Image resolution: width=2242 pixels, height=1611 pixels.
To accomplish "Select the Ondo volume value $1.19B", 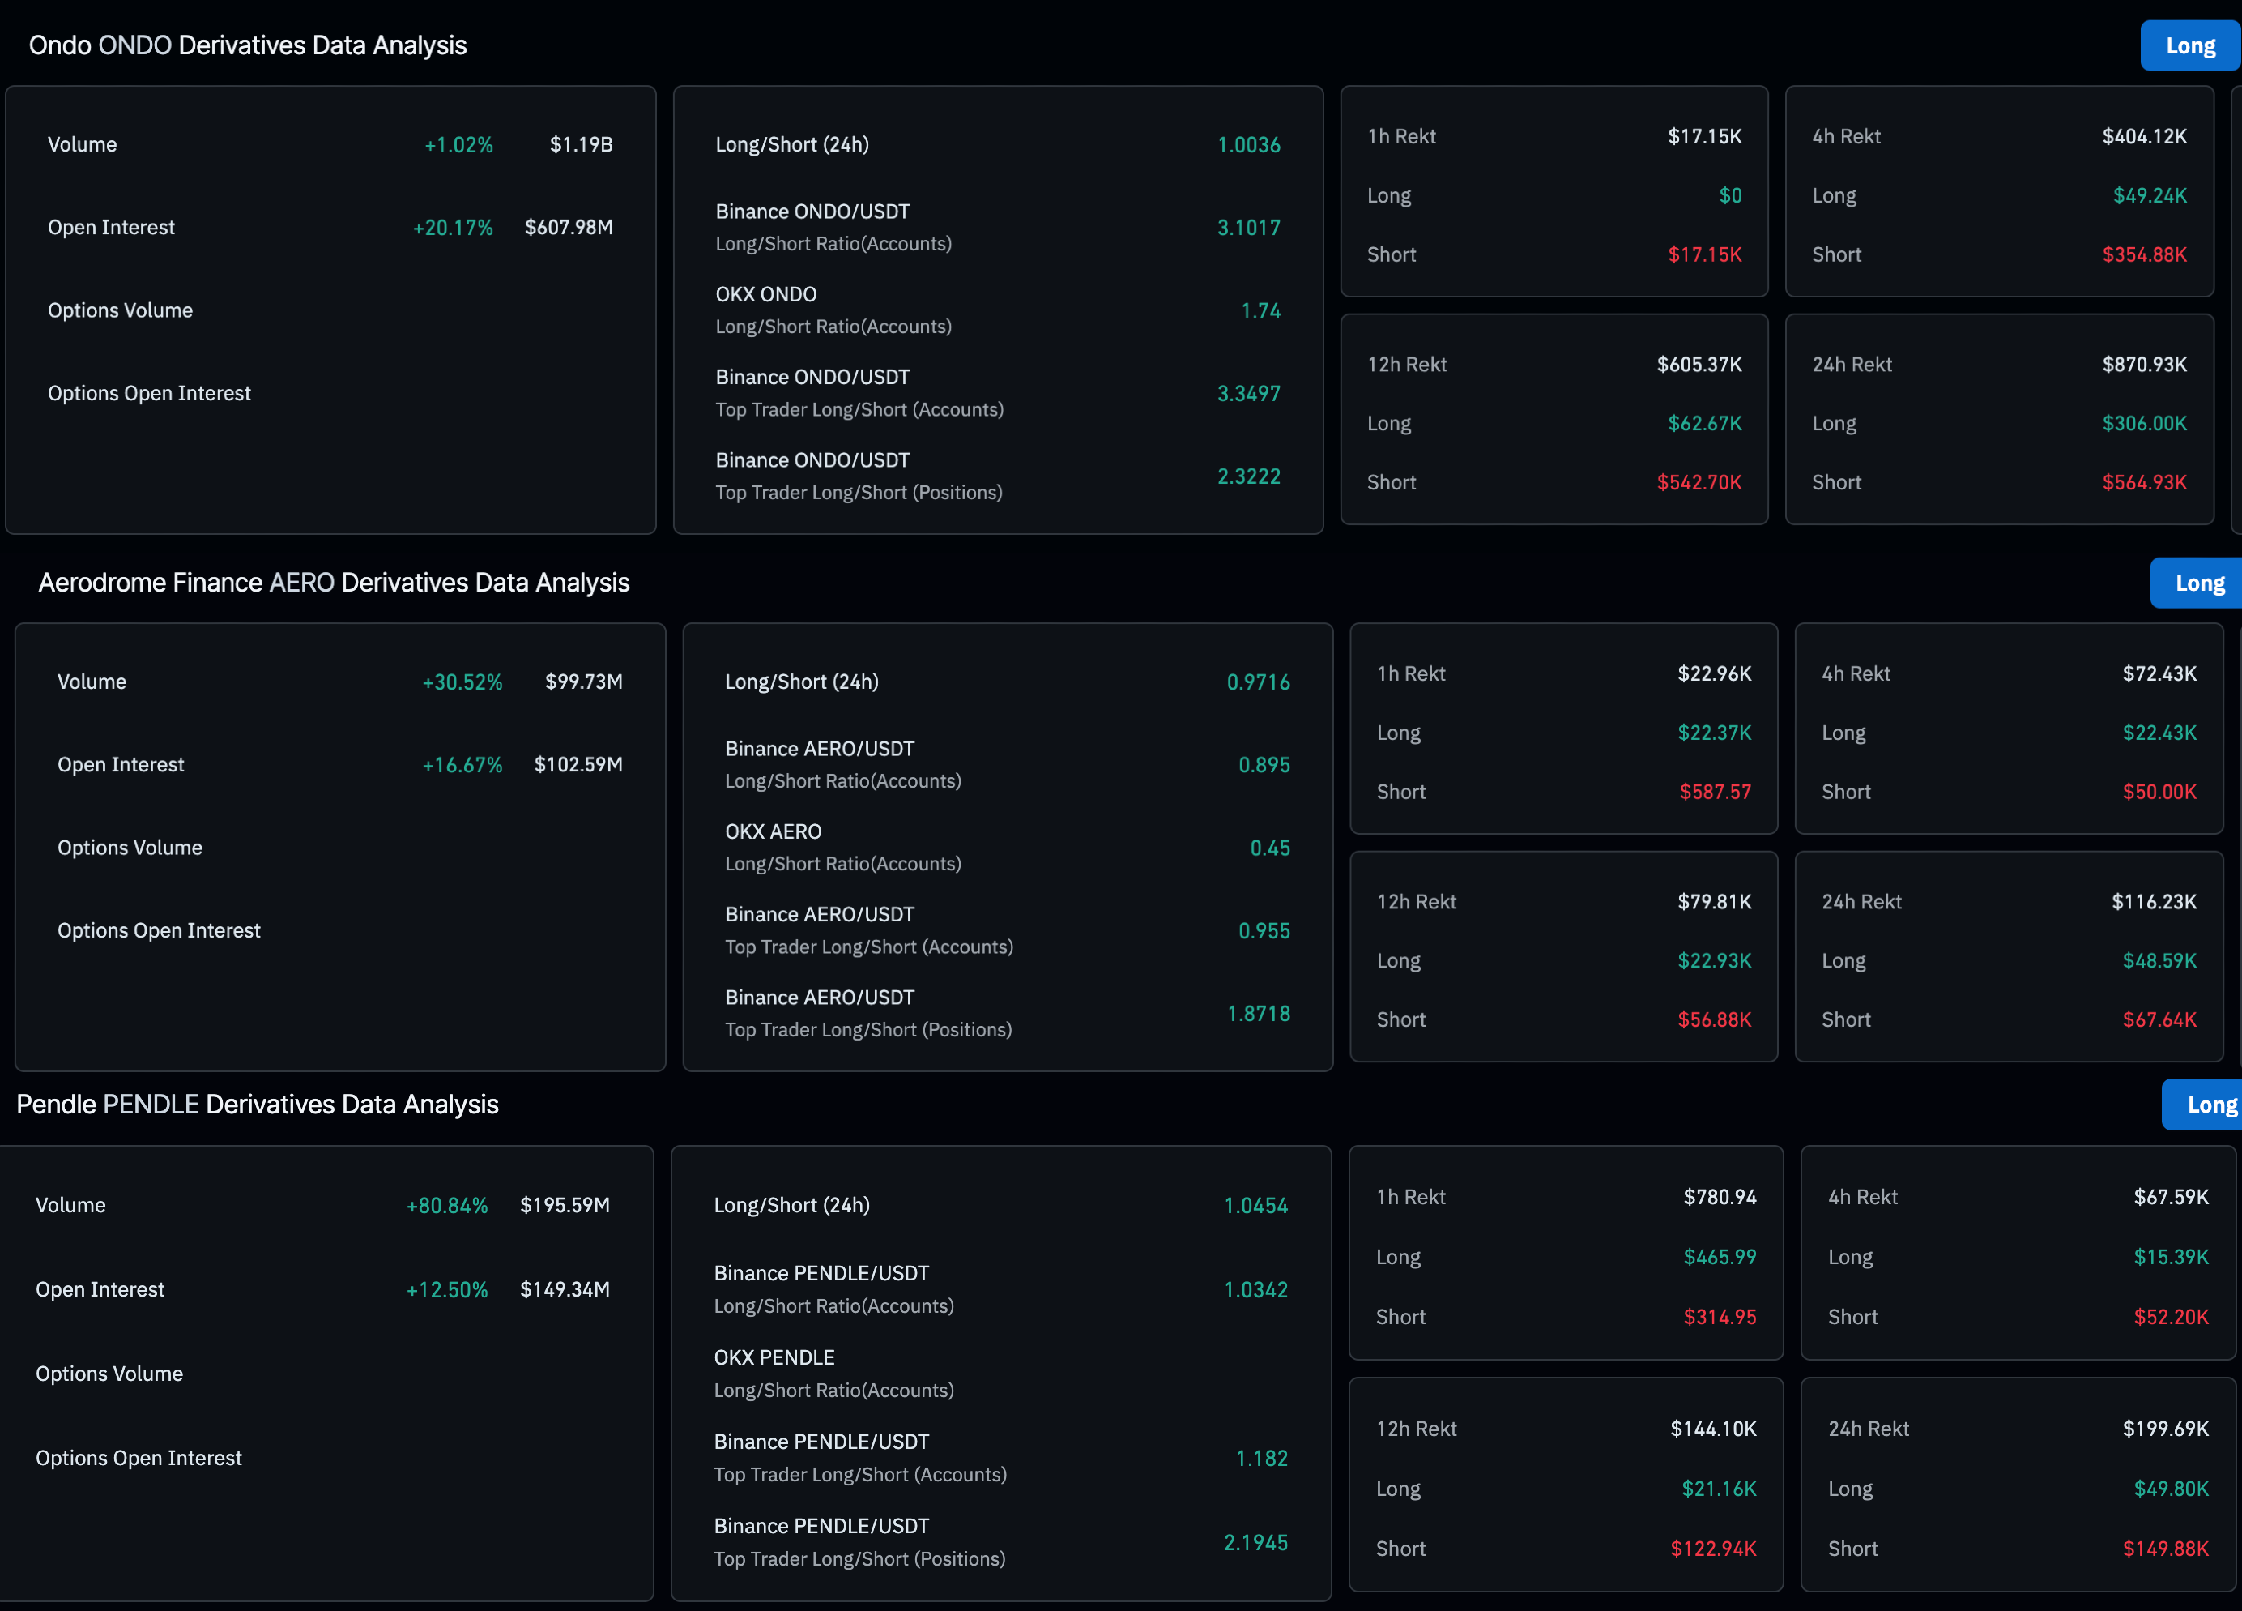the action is point(582,144).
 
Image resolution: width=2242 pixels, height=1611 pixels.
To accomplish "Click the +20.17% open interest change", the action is point(453,228).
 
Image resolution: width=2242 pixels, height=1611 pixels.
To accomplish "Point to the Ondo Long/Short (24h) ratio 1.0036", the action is point(1248,144).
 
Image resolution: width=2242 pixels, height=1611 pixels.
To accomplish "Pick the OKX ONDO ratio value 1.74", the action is point(1260,310).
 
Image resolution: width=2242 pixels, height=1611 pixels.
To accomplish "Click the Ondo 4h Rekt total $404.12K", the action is point(2144,136).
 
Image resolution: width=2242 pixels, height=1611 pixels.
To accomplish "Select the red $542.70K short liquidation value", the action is point(1699,483).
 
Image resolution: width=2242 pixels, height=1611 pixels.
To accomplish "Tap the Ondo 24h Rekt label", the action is point(1852,364).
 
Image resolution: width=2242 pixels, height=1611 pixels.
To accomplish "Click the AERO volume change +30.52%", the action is point(462,682).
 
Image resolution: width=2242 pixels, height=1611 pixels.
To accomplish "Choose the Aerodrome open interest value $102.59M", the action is point(578,764).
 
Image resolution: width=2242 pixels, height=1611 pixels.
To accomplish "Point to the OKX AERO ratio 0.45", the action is point(1270,848).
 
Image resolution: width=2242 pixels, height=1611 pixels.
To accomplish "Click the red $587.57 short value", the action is point(1715,793).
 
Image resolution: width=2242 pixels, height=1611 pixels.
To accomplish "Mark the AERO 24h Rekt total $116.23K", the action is point(2154,902).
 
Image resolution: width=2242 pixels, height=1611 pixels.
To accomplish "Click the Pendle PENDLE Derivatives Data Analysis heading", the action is point(257,1105).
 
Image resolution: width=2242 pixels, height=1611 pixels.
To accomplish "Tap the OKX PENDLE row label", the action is point(774,1358).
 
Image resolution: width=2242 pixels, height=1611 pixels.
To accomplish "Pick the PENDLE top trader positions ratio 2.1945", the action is point(1255,1543).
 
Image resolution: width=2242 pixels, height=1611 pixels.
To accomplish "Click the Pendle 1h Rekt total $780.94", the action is point(1720,1198).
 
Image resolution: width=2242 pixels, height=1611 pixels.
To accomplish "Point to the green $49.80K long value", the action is point(2171,1489).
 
